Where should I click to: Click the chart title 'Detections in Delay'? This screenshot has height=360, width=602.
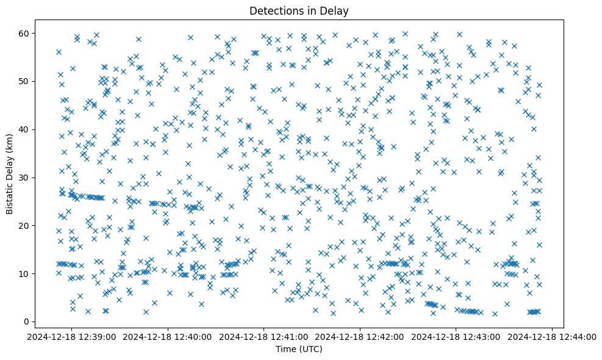tap(299, 10)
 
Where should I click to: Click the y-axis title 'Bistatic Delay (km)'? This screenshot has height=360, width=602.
tap(10, 174)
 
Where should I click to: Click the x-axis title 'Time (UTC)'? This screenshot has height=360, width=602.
tap(299, 349)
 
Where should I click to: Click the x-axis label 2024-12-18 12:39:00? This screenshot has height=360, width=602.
tap(71, 337)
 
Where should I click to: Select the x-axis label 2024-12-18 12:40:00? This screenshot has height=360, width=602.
tap(168, 337)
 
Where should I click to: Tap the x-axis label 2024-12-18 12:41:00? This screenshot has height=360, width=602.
tap(264, 337)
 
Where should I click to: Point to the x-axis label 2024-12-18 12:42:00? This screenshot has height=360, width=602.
tap(360, 337)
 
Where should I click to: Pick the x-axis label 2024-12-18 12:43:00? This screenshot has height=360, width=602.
tap(457, 337)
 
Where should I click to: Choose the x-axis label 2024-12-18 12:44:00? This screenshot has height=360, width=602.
tap(553, 337)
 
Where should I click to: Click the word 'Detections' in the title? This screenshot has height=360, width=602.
tap(273, 10)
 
